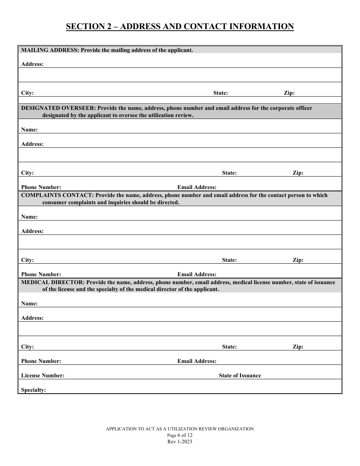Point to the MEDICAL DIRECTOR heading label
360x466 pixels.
coord(50,282)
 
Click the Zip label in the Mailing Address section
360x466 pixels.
coord(289,93)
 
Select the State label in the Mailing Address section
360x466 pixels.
coord(221,93)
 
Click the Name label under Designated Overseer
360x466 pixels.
coord(29,130)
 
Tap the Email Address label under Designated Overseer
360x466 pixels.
coord(197,187)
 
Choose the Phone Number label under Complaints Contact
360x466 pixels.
coord(41,274)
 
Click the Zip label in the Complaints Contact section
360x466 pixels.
coord(298,260)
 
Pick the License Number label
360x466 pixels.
coord(43,375)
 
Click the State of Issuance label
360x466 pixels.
coord(240,375)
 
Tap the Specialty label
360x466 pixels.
coord(33,390)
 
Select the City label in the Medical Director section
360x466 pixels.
coord(27,347)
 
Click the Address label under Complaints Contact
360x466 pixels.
coord(32,231)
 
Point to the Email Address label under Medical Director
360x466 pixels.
coord(197,361)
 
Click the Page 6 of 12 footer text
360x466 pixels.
coord(180,435)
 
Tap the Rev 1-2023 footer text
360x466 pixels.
coord(180,442)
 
